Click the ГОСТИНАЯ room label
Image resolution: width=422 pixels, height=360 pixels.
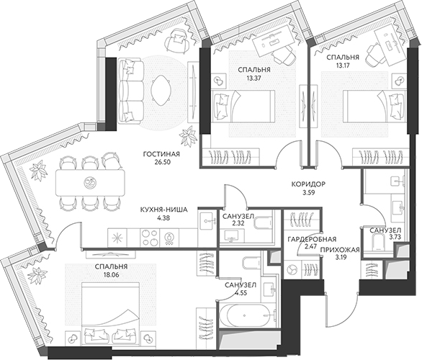[161, 154]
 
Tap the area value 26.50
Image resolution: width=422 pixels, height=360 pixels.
[161, 162]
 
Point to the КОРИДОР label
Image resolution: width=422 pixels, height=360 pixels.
[308, 184]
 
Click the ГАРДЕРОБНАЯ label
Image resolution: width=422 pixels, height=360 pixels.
[312, 239]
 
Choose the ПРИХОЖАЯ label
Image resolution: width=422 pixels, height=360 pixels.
[340, 250]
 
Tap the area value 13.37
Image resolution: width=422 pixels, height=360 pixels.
[254, 78]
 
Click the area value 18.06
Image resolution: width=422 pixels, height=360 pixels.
[111, 275]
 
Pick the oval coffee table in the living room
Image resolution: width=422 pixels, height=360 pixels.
[161, 91]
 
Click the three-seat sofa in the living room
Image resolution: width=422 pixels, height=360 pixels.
[131, 91]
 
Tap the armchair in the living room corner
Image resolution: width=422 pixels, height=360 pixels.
[177, 40]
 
